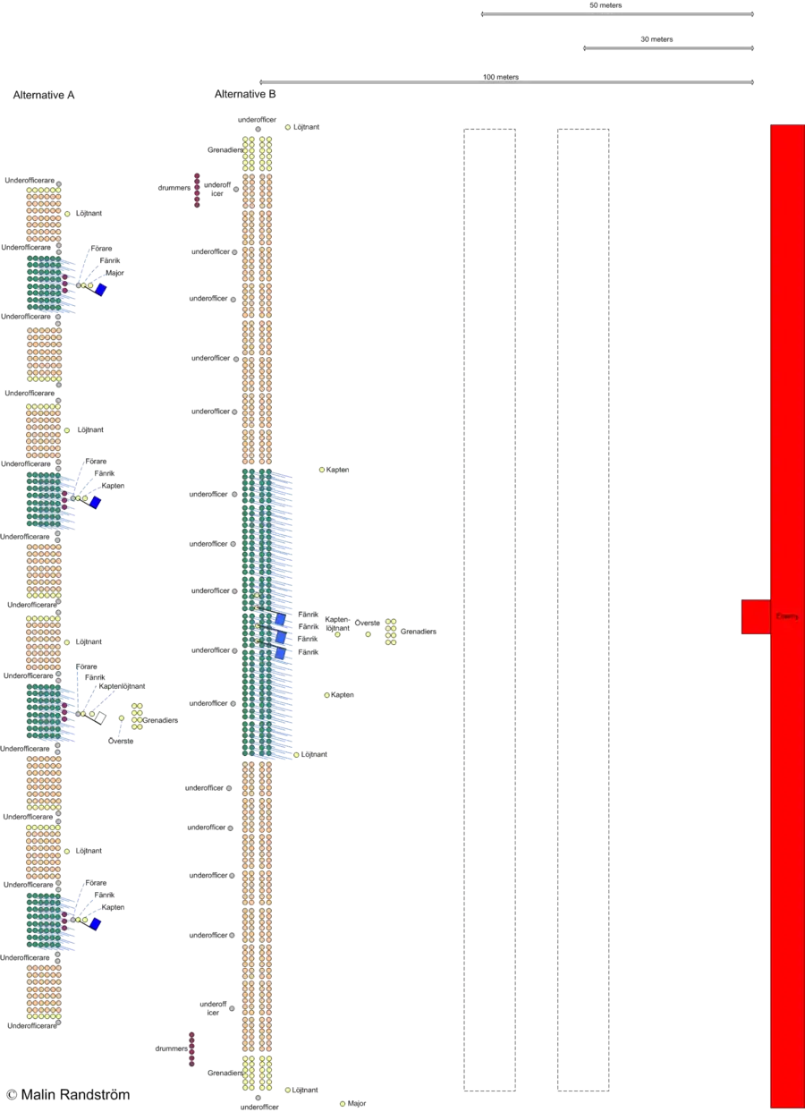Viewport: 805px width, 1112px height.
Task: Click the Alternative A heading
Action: pos(44,95)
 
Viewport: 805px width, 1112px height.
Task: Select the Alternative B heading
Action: pos(246,95)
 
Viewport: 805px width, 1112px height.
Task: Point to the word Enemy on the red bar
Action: pos(787,616)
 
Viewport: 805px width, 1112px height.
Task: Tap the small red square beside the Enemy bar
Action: pos(755,616)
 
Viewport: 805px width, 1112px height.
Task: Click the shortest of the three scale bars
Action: pos(669,49)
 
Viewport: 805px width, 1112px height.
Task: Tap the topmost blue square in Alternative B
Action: pos(280,619)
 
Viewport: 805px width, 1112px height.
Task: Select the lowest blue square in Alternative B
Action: pos(280,653)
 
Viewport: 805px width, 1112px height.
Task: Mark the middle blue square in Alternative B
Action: pos(280,636)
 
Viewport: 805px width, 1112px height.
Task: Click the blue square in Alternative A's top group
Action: pos(101,290)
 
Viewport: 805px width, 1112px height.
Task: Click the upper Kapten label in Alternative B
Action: pos(337,470)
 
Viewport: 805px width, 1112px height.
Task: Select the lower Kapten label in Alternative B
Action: pos(342,694)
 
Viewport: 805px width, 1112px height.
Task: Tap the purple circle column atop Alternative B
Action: pos(196,191)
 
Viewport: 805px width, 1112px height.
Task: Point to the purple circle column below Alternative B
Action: pos(191,1051)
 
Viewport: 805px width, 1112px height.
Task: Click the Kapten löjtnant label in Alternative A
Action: pos(123,686)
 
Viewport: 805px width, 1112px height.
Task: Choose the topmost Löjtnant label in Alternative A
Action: pos(90,214)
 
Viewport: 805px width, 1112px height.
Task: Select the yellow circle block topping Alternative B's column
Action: pos(257,152)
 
